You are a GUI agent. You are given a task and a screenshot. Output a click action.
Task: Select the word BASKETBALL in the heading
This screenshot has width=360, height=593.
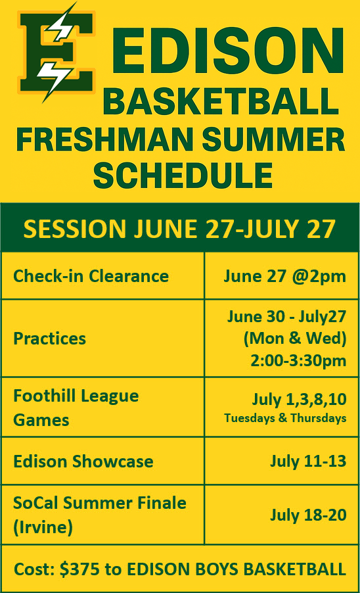[x=220, y=101]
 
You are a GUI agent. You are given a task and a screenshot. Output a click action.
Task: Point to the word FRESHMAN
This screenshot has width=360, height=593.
[x=104, y=139]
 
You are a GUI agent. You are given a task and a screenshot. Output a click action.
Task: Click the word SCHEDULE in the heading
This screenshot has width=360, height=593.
[x=183, y=175]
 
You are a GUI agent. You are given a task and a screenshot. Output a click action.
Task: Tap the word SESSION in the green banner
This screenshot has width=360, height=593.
[x=74, y=229]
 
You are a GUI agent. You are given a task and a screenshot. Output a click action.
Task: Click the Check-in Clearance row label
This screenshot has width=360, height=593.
[x=91, y=275]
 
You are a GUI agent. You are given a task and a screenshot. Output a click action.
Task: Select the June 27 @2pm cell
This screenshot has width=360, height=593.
[x=285, y=276]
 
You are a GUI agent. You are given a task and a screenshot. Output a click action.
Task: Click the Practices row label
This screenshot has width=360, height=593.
[x=49, y=339]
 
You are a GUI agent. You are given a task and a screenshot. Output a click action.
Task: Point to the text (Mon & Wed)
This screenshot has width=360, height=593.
[x=295, y=338]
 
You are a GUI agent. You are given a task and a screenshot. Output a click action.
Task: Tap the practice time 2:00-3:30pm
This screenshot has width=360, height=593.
[x=298, y=360]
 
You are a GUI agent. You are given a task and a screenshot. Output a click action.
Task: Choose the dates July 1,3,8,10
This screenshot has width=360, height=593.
[x=299, y=399]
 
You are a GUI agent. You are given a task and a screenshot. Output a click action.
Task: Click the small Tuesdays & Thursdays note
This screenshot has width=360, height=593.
[x=285, y=418]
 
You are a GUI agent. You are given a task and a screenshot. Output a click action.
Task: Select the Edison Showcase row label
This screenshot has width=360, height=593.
[x=83, y=462]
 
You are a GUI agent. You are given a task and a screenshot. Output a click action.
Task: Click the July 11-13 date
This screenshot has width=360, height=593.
[x=308, y=461]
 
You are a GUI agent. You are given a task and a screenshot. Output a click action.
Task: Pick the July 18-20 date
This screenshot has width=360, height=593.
[x=308, y=515]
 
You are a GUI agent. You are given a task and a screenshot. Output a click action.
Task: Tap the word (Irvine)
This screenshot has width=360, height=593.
[x=43, y=527]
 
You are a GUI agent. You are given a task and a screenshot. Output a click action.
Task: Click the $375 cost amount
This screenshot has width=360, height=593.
[x=79, y=569]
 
